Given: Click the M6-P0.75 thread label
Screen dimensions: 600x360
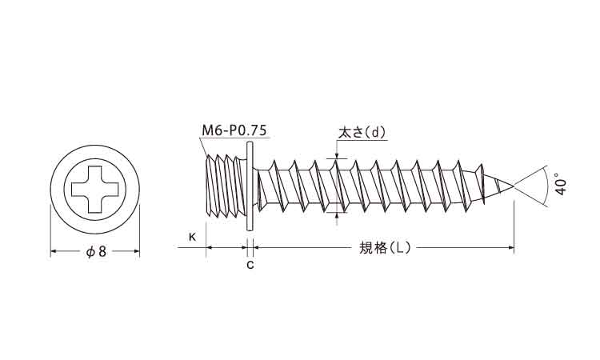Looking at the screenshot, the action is (x=234, y=130).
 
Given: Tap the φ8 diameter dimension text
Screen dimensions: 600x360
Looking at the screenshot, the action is (x=96, y=252).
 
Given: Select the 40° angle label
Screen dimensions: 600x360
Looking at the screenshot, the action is (x=561, y=184).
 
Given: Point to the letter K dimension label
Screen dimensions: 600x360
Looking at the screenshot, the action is (x=193, y=237).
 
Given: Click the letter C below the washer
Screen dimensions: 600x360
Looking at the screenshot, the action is (x=250, y=265).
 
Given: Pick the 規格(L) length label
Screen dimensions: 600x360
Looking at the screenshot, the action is (x=385, y=248).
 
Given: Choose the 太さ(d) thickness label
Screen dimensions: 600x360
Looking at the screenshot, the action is (x=362, y=133).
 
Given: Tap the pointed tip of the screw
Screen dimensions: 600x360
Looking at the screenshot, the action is (x=513, y=186).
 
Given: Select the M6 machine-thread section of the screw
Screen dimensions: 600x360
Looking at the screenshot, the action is (x=226, y=186).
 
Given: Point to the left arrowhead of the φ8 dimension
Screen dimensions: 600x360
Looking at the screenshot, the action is (x=54, y=251).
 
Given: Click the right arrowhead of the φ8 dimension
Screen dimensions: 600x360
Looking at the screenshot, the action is (x=136, y=251).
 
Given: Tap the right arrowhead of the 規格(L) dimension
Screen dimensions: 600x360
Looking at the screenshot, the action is (x=511, y=248).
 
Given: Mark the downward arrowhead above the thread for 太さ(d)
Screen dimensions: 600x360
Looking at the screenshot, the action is (x=337, y=155).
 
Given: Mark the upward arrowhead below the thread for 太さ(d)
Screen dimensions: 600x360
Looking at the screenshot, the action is (x=337, y=215).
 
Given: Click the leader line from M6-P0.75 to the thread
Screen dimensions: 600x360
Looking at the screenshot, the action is (x=204, y=146).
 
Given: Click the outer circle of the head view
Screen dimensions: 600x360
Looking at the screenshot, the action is (x=95, y=145).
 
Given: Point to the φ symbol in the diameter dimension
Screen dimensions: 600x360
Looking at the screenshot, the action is (x=90, y=252).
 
